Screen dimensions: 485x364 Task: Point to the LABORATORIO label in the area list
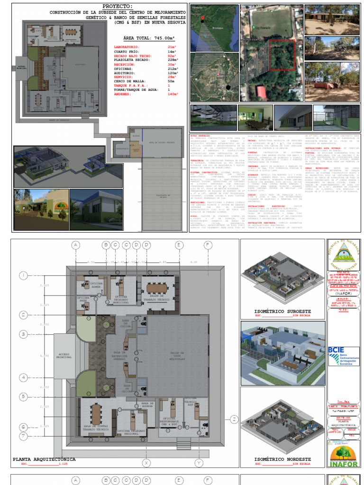pos(127,47)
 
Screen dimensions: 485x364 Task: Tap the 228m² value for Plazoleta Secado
pos(173,60)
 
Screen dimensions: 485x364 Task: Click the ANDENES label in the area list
pos(125,94)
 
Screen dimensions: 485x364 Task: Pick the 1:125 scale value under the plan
pos(63,465)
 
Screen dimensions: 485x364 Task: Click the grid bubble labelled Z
pos(233,419)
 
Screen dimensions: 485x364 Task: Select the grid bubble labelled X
pos(146,463)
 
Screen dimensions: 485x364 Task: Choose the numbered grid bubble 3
pos(23,334)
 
